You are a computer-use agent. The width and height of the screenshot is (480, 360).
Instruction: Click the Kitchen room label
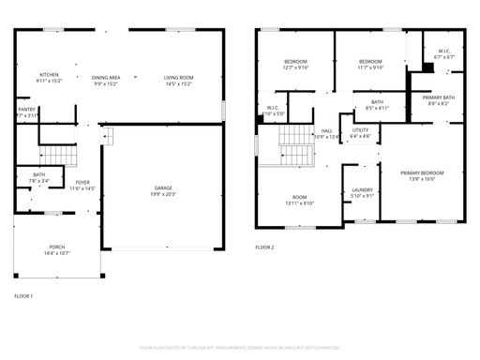[x=50, y=78]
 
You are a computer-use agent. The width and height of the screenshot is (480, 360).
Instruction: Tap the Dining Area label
[x=105, y=78]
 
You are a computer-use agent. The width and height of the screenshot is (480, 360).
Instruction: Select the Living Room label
[x=178, y=78]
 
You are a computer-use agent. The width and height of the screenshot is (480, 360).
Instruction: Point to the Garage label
[x=163, y=190]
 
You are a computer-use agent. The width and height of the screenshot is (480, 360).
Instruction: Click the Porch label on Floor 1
[x=57, y=250]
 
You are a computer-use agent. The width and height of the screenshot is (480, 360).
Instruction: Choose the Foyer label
[x=83, y=186]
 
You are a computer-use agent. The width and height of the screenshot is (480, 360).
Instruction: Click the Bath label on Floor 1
[x=39, y=177]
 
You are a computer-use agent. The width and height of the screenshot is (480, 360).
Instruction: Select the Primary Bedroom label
[x=422, y=175]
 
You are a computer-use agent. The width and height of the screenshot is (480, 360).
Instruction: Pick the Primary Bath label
[x=439, y=100]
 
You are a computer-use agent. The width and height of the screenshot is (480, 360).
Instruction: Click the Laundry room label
[x=362, y=193]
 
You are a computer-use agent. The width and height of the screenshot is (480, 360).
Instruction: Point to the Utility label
[x=361, y=134]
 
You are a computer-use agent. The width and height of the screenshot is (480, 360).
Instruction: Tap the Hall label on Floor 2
[x=326, y=134]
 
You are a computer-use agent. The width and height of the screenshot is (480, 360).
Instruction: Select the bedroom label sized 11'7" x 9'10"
[x=369, y=64]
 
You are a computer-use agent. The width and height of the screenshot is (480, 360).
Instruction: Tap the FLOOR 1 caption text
[x=23, y=296]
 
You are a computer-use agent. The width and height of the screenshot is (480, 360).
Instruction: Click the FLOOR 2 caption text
[x=264, y=247]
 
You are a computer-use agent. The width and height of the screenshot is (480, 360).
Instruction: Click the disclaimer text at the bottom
[x=239, y=346]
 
